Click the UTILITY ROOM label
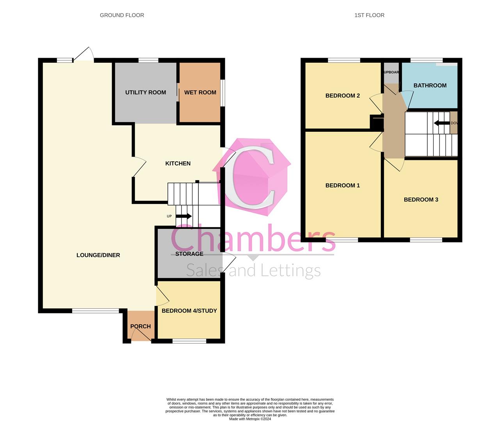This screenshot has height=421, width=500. pyautogui.click(x=146, y=92)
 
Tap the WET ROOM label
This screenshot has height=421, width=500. pyautogui.click(x=200, y=92)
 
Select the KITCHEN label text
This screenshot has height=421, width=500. pyautogui.click(x=178, y=163)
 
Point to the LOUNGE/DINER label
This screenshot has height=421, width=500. pyautogui.click(x=98, y=255)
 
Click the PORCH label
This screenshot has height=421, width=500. pyautogui.click(x=141, y=326)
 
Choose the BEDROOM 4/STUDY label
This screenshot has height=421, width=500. pyautogui.click(x=189, y=311)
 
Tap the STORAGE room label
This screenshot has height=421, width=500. pyautogui.click(x=189, y=254)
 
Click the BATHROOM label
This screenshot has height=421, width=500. pyautogui.click(x=430, y=85)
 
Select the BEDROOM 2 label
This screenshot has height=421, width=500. pyautogui.click(x=343, y=96)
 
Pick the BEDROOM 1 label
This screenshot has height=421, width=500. pyautogui.click(x=343, y=185)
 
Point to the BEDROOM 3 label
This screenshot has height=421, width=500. pyautogui.click(x=421, y=200)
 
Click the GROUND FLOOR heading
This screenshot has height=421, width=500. pyautogui.click(x=122, y=15)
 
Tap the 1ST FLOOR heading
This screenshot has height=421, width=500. pyautogui.click(x=369, y=15)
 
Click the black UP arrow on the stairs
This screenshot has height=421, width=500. pyautogui.click(x=183, y=216)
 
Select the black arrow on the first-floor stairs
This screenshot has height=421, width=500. pyautogui.click(x=441, y=123)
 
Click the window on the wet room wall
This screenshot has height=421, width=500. pyautogui.click(x=222, y=93)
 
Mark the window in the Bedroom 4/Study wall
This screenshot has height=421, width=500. pyautogui.click(x=189, y=341)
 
